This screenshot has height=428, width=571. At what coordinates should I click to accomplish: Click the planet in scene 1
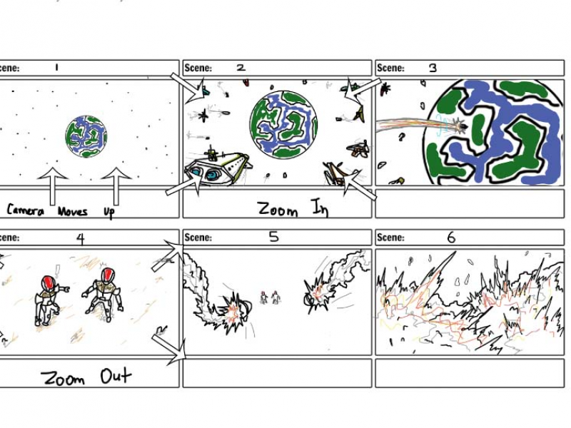pos(86,136)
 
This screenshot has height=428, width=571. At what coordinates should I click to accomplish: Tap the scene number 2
pos(241,67)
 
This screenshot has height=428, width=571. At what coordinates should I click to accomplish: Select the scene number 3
pos(433,68)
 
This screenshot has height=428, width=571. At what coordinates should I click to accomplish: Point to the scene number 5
pos(274,238)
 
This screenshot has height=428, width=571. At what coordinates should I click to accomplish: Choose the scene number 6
pos(451,238)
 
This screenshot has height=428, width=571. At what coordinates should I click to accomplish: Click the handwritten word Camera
pos(26,210)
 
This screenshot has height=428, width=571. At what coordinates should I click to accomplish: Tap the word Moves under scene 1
pos(73,211)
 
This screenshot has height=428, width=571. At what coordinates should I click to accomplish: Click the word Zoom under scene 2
pos(277,209)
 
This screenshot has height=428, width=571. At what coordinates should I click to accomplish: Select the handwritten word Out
pos(116,376)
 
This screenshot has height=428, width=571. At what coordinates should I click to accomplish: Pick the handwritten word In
pos(319,208)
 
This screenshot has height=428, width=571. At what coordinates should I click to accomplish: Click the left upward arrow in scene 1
pos(53,186)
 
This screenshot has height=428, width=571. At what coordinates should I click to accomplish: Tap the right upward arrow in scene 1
pos(116,186)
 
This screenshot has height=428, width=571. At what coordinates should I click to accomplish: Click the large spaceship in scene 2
pos(218,168)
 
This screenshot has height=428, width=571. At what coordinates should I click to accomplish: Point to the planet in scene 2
pos(283,124)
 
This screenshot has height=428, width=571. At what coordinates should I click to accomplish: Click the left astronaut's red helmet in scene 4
pos(49,282)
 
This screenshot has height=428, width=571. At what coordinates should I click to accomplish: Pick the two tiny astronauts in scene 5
pos(270,297)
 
